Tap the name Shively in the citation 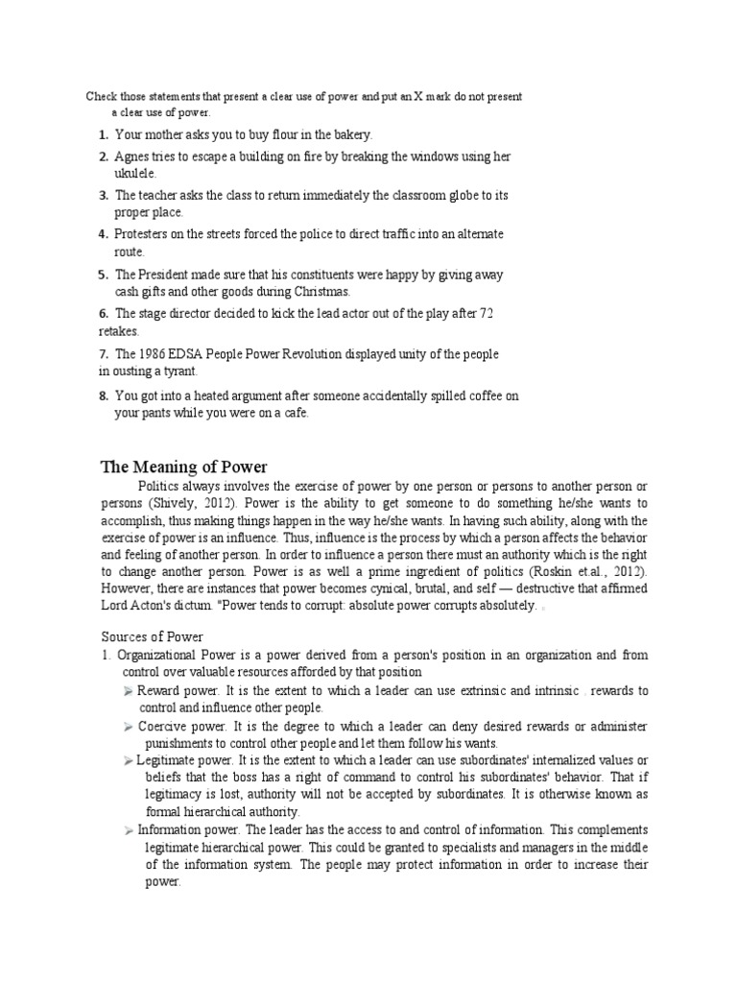pos(175,503)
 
